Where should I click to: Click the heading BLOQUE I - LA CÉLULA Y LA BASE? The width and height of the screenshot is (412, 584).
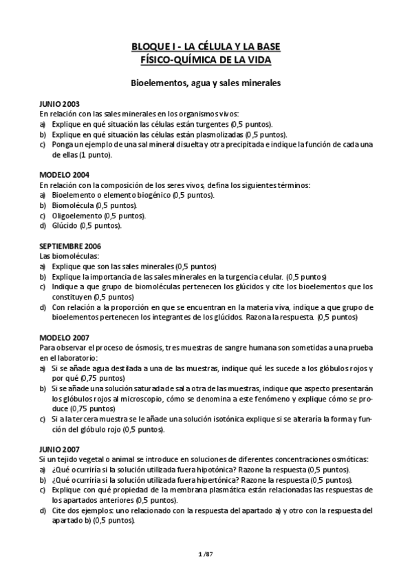tap(206, 47)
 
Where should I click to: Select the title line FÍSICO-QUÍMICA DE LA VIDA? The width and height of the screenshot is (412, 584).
tap(206, 60)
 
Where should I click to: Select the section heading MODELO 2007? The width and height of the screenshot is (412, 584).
tap(63, 337)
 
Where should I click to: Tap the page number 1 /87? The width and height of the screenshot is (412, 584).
tap(206, 553)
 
